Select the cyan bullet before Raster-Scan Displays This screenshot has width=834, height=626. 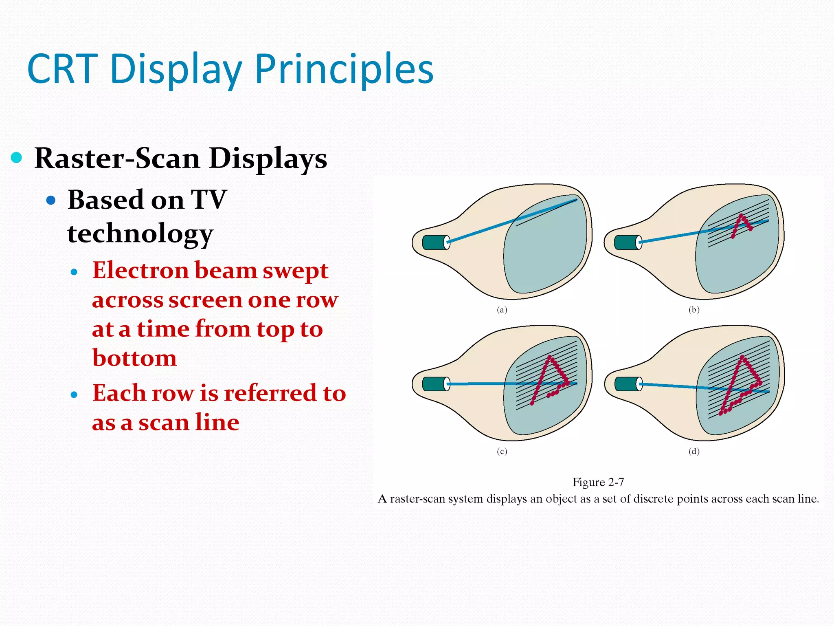16,157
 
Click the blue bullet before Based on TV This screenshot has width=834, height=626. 51,200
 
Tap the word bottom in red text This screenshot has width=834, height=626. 134,358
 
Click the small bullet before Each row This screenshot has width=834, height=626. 74,395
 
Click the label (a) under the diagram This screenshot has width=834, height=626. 502,310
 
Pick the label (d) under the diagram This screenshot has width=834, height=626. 694,451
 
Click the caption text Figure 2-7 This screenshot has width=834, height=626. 598,483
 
